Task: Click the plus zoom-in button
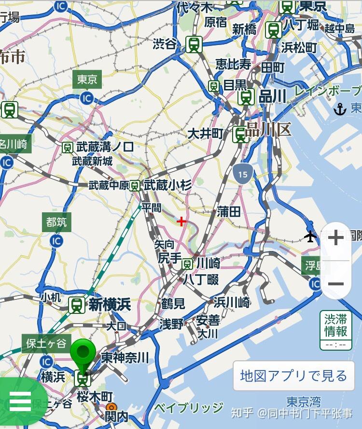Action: (335, 238)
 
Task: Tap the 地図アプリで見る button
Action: (293, 375)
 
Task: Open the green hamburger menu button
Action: (19, 400)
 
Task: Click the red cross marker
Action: (181, 222)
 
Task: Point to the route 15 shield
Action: (242, 173)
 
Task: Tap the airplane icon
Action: (310, 237)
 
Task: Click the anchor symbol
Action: (340, 109)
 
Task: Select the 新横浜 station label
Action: (109, 305)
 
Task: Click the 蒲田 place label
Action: (229, 211)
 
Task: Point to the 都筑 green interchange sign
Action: (56, 222)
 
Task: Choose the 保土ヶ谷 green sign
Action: (46, 344)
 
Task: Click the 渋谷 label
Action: (165, 44)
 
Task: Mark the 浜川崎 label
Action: (232, 303)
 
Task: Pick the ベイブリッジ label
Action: (189, 408)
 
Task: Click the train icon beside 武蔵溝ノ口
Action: (68, 147)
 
